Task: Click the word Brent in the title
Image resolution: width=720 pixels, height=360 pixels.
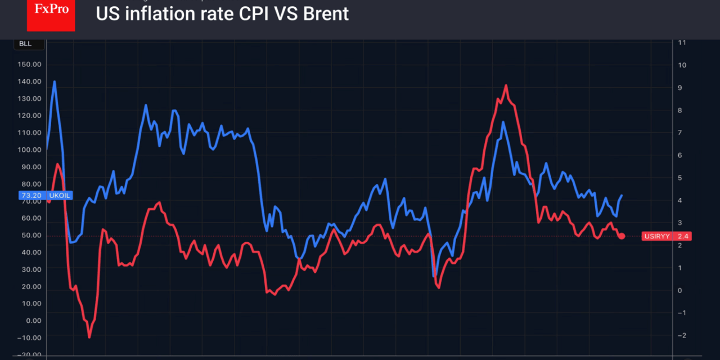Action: coord(326,13)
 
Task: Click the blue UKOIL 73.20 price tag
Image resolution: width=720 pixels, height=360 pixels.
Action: coord(44,196)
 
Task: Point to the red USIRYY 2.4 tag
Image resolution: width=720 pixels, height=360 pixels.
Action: coord(666,236)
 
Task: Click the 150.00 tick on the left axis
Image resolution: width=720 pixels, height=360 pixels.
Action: coord(29,64)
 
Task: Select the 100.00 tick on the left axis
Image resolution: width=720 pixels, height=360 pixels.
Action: coord(29,150)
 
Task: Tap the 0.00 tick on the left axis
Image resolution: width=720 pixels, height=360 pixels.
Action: coord(33,321)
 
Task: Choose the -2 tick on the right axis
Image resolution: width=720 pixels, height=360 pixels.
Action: coord(682,335)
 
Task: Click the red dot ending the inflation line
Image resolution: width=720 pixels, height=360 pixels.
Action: coord(622,236)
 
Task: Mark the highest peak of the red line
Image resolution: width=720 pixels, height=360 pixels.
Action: coord(506,85)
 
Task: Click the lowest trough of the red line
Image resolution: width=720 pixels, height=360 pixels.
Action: coord(89,337)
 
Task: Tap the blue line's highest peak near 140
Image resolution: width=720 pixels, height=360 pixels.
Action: coord(55,82)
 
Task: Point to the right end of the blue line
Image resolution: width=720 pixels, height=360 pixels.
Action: coord(622,195)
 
